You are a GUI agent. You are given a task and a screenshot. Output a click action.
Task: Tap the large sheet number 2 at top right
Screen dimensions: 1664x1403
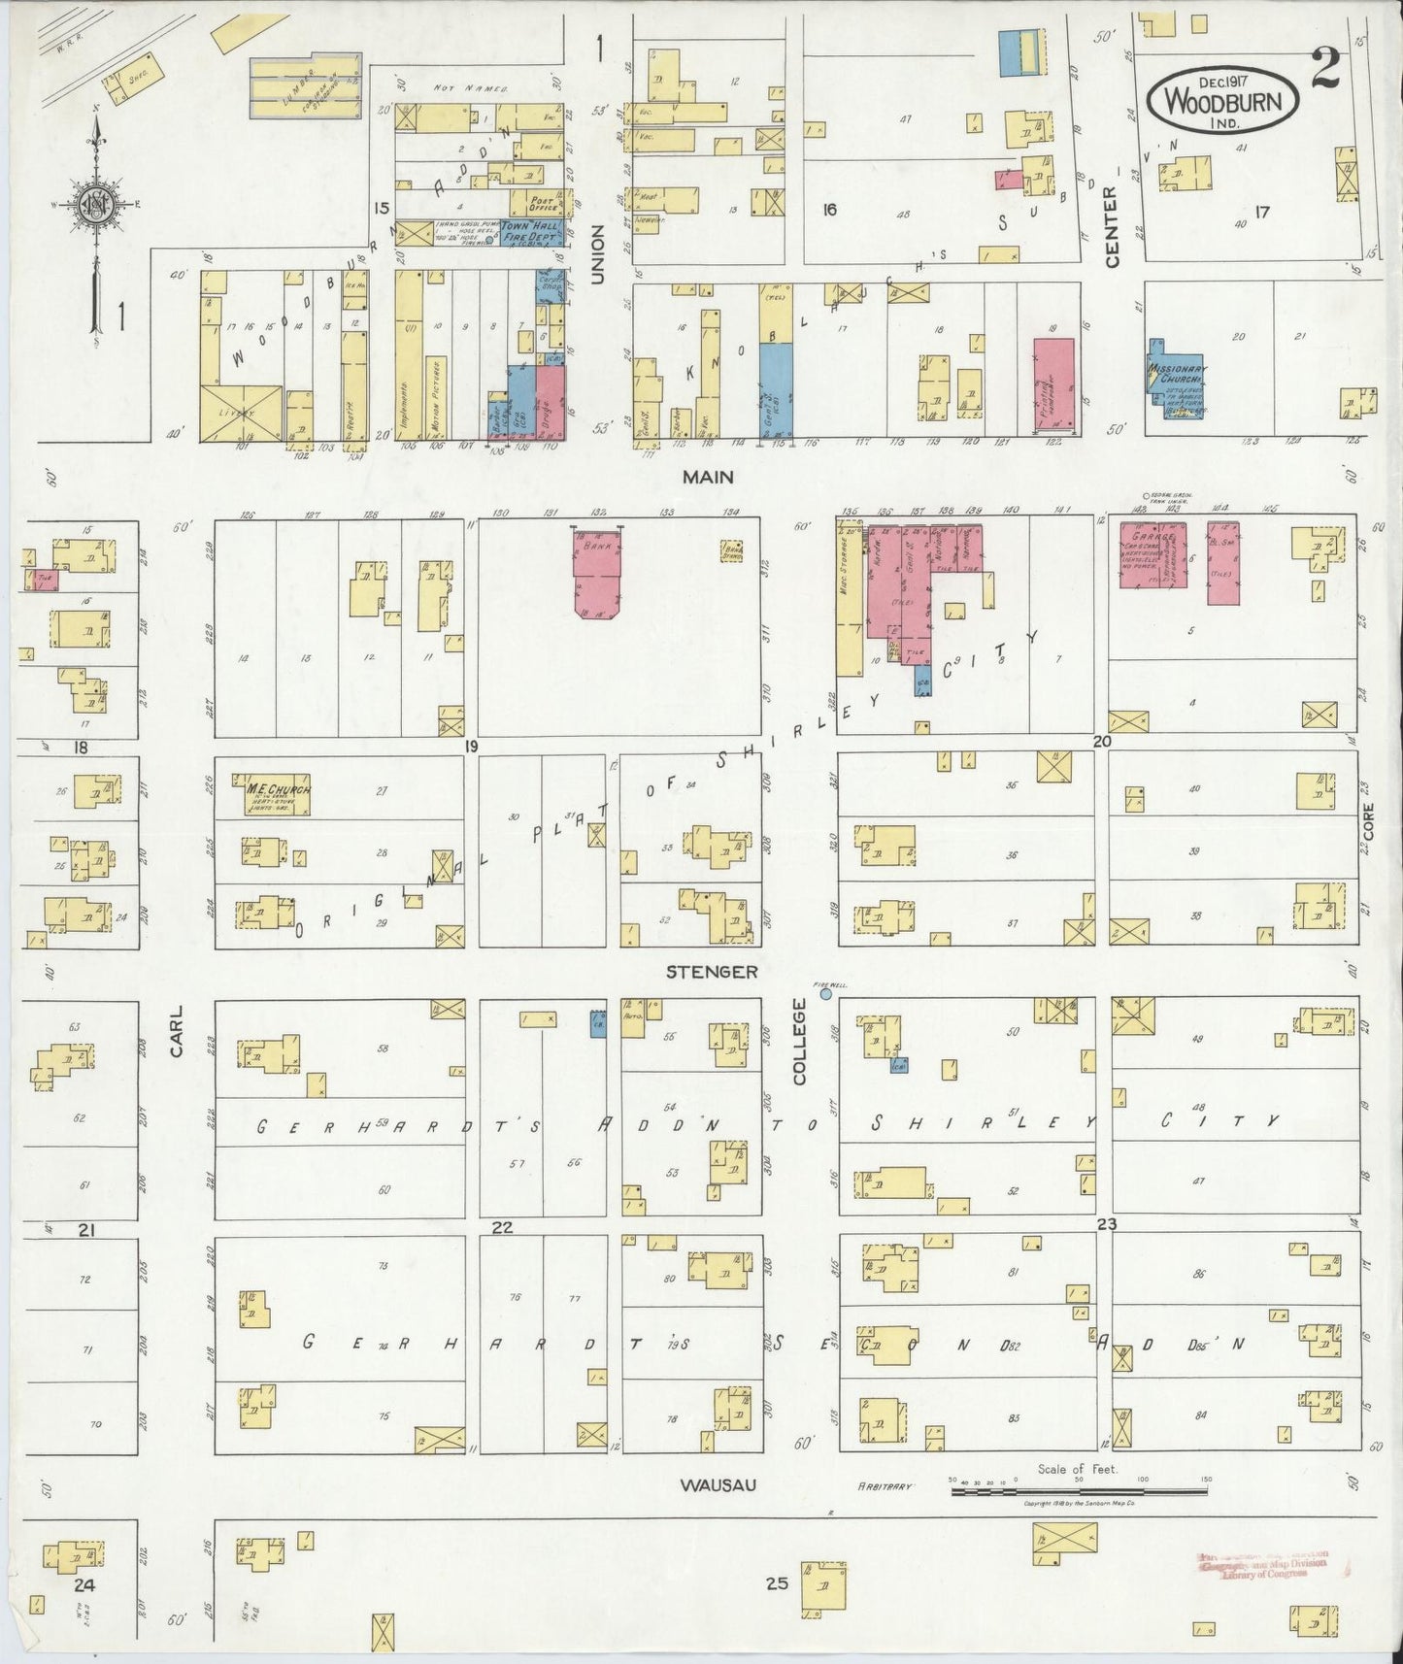pos(1325,69)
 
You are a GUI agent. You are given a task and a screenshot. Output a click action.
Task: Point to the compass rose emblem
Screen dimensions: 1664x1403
pos(96,205)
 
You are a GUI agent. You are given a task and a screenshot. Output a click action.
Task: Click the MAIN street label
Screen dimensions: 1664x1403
pos(708,477)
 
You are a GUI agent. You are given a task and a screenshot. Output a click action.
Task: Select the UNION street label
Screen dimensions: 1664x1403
pos(597,254)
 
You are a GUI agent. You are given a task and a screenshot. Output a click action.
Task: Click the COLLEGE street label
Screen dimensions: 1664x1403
pos(800,1042)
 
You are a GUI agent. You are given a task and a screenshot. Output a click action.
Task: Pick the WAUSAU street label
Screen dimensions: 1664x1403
pos(719,1485)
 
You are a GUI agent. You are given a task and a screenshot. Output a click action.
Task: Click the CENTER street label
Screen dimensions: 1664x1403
pos(1112,226)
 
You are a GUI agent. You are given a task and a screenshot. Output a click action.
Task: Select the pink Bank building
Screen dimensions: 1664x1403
pos(596,577)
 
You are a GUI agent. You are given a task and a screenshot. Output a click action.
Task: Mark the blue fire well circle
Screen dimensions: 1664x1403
pos(826,994)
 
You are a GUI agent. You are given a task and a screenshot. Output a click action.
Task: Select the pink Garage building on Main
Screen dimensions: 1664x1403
pos(1153,553)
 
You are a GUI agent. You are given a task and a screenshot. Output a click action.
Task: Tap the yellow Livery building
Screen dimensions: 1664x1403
pos(241,414)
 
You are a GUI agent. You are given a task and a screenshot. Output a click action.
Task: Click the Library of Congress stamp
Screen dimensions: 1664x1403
pos(1262,1566)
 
